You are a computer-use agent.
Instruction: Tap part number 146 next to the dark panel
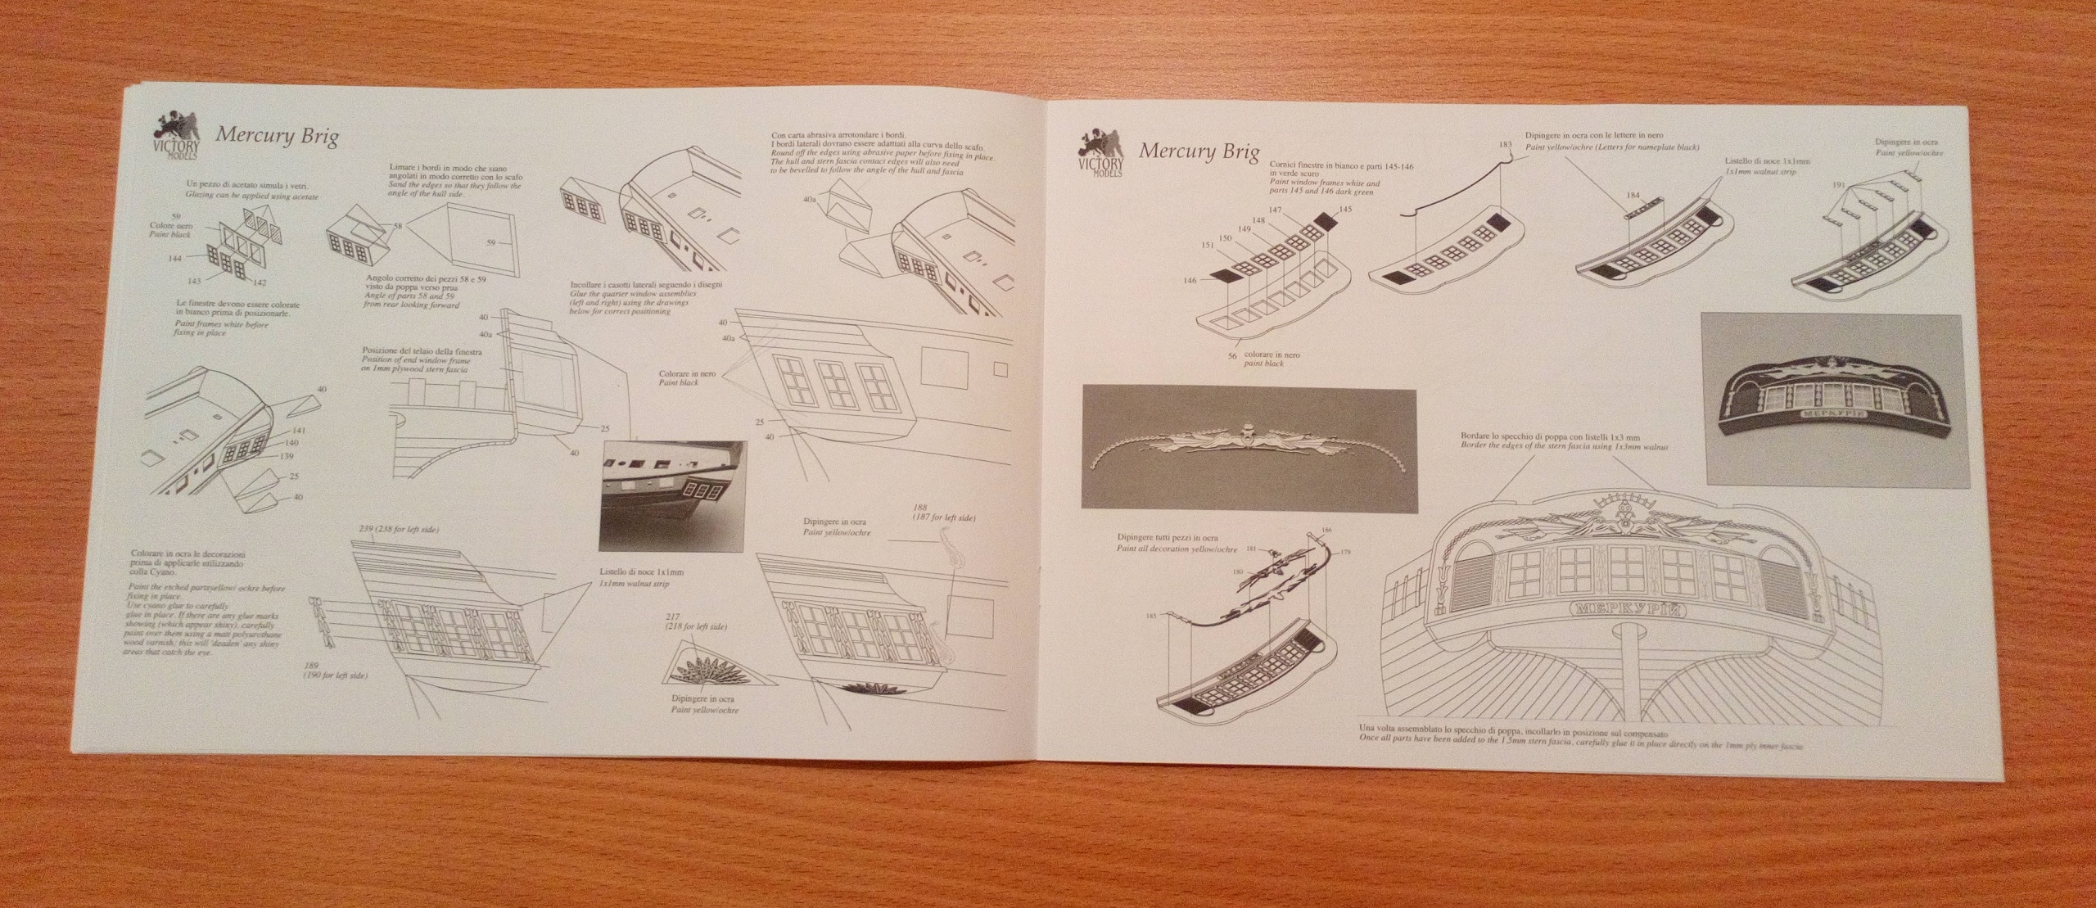tap(1190, 281)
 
